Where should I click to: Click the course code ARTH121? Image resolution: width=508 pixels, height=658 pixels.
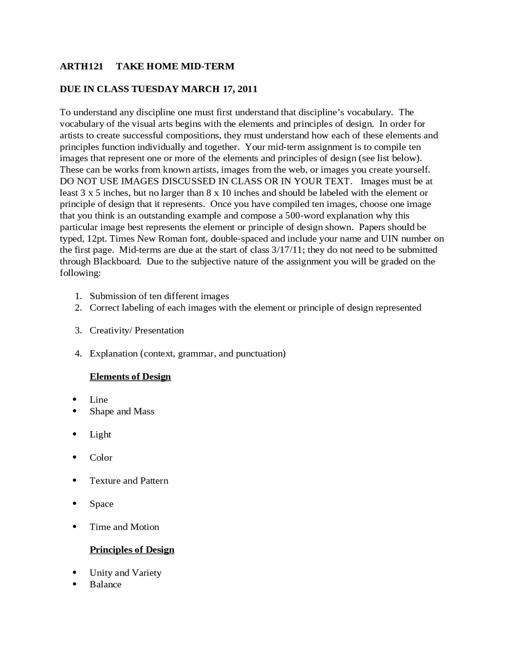[81, 66]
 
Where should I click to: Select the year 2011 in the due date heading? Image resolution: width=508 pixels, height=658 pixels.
[248, 89]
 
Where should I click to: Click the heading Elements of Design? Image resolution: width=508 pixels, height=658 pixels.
[130, 377]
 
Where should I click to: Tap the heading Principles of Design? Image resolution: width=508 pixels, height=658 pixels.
[132, 550]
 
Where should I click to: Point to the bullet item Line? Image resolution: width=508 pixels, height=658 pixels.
[98, 400]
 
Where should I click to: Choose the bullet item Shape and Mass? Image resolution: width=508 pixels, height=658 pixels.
[122, 411]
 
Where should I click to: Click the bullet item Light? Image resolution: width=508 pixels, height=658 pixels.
[100, 434]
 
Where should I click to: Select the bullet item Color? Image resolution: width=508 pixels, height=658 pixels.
[101, 458]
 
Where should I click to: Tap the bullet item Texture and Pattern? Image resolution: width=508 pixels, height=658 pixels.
[129, 481]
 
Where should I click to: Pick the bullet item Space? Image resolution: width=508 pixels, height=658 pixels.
[101, 504]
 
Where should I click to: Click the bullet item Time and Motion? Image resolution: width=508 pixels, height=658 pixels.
[124, 527]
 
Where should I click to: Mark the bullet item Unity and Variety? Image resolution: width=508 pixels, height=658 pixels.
[125, 573]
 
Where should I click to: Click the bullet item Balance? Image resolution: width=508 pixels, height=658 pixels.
[105, 584]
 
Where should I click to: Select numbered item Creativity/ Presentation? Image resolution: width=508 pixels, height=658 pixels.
[137, 331]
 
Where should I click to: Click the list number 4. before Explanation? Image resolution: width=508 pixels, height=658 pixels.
[78, 354]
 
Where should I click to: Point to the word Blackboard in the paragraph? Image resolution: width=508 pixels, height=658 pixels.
[117, 261]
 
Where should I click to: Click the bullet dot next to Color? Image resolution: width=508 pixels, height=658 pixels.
[75, 457]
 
